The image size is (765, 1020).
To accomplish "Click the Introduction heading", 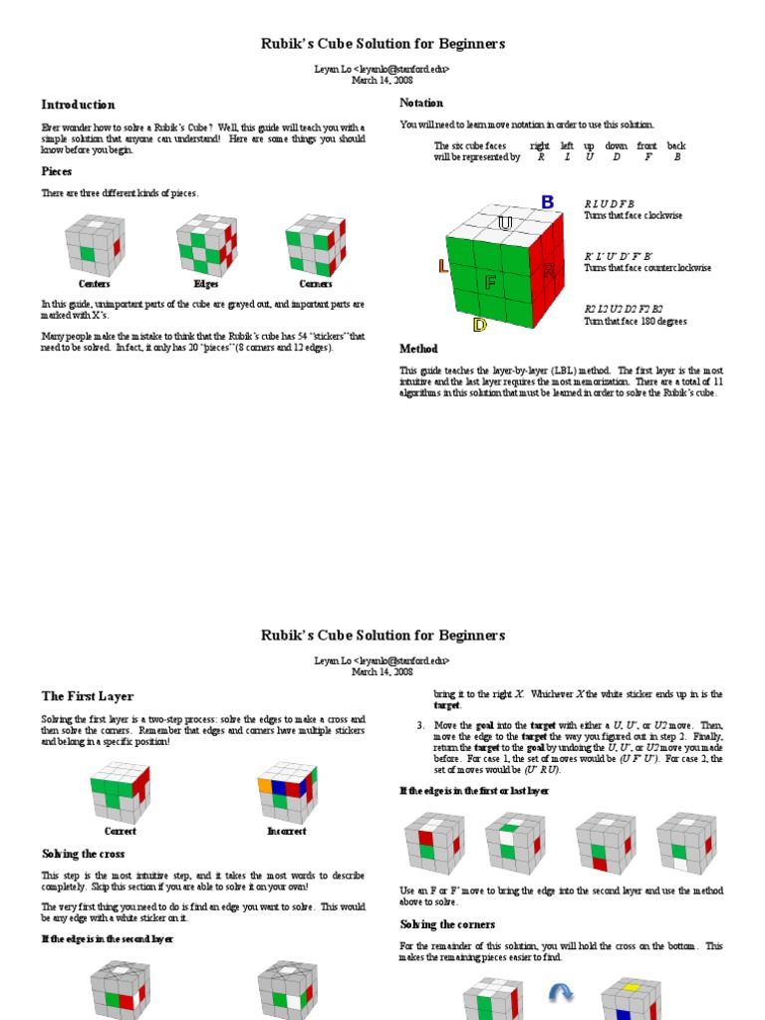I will (78, 105).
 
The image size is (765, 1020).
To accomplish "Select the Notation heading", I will (421, 103).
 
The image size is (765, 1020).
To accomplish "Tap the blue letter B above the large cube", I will (547, 202).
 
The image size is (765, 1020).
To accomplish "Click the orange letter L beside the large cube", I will (443, 267).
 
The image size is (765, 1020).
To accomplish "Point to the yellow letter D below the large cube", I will (480, 325).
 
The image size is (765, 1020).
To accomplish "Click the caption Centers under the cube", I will (95, 284).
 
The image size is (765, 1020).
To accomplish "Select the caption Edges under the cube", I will (206, 284).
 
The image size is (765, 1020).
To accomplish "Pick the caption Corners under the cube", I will (316, 284).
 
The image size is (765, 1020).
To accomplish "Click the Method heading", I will (418, 350).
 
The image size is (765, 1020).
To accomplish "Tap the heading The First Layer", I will (87, 696).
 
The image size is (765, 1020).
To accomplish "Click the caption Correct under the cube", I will (121, 831).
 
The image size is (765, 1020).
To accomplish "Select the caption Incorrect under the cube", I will (287, 831).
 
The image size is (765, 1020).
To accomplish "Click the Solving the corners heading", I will (447, 924).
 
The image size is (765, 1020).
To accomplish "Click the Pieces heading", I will (56, 171).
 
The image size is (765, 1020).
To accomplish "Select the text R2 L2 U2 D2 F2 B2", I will (623, 309).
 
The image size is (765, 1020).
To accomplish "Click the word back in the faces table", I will (676, 146).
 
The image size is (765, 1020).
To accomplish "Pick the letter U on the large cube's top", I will (505, 223).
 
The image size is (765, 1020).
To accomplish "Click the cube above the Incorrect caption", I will (287, 791).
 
